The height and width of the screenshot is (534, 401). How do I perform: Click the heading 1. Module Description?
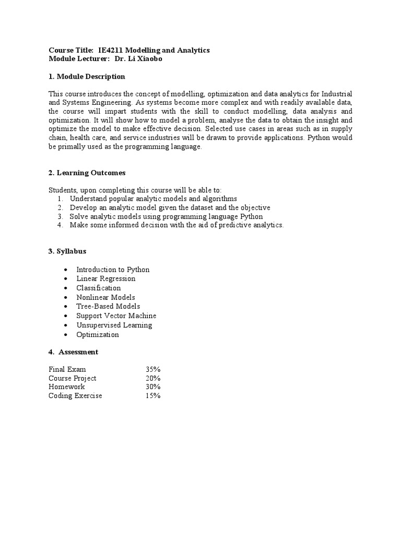pyautogui.click(x=87, y=77)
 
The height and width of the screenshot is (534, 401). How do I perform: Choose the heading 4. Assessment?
pyautogui.click(x=74, y=352)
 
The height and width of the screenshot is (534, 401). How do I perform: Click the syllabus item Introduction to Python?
pyautogui.click(x=113, y=270)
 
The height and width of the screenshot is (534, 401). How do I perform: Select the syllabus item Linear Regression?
pyautogui.click(x=105, y=278)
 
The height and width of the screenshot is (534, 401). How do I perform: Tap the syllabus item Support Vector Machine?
pyautogui.click(x=116, y=315)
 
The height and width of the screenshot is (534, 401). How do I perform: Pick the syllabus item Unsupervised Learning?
pyautogui.click(x=114, y=325)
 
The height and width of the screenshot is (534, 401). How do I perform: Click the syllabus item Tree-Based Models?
pyautogui.click(x=108, y=306)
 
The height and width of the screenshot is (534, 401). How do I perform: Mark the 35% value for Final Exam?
pyautogui.click(x=153, y=369)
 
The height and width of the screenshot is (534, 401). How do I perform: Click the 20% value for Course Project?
pyautogui.click(x=153, y=378)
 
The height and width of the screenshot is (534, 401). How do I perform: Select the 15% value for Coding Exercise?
pyautogui.click(x=153, y=396)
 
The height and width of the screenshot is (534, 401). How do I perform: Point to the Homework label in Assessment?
pyautogui.click(x=66, y=387)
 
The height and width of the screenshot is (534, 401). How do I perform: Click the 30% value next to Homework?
pyautogui.click(x=153, y=387)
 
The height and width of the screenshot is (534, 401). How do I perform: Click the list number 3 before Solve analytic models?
pyautogui.click(x=60, y=216)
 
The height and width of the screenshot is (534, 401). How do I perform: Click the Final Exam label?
pyautogui.click(x=67, y=369)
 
